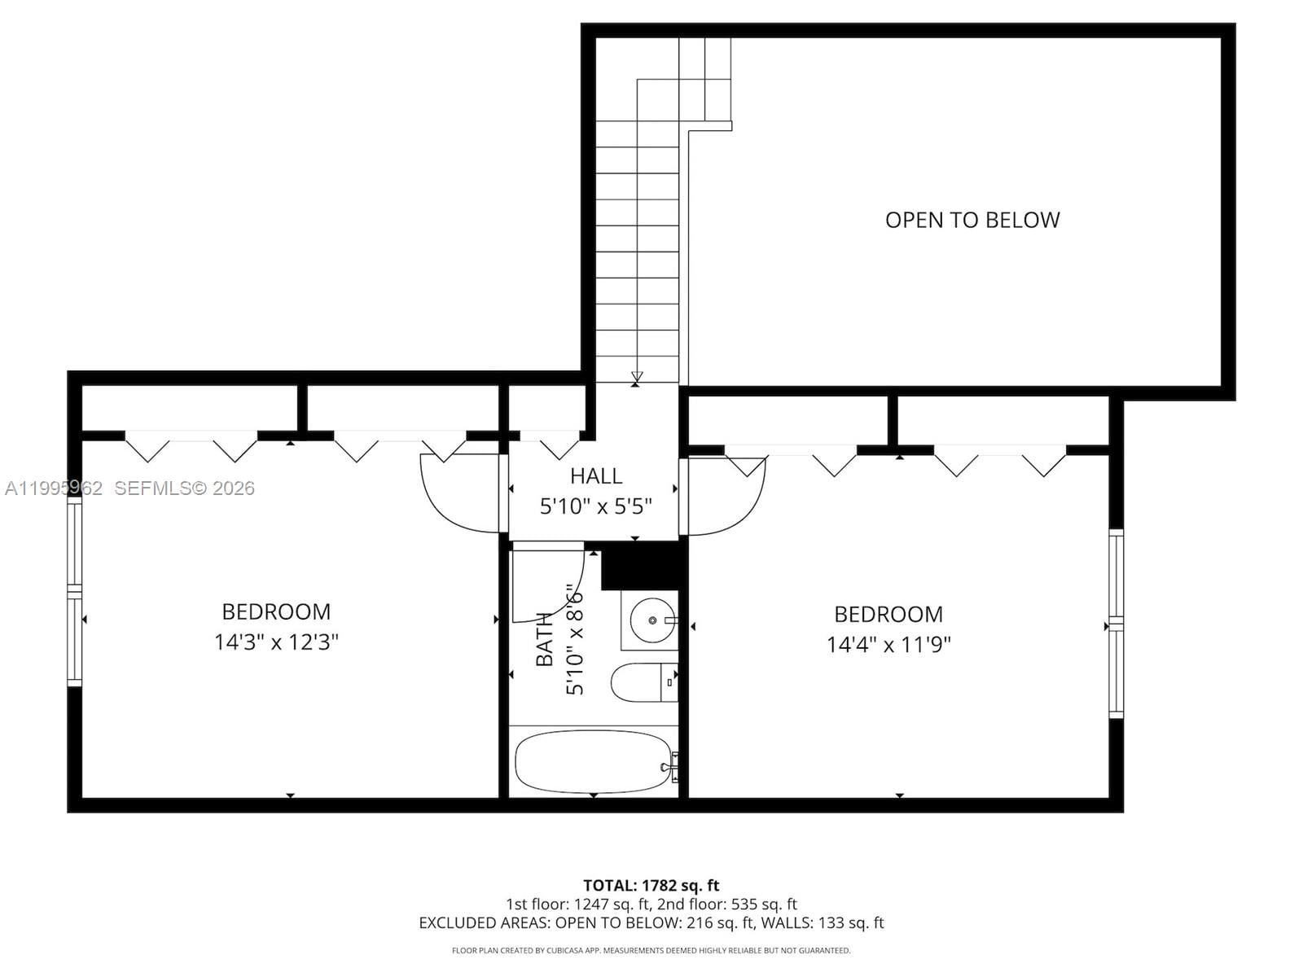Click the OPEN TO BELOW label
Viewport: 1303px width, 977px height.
click(972, 220)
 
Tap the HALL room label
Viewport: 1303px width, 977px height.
click(596, 475)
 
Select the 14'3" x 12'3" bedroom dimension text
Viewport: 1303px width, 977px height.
click(276, 642)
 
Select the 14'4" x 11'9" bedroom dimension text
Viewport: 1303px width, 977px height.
click(888, 645)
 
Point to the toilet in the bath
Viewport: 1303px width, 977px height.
click(643, 683)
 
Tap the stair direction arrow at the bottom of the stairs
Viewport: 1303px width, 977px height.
click(637, 377)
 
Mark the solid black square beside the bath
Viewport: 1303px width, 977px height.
click(639, 566)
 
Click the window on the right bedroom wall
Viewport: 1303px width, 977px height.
click(1116, 624)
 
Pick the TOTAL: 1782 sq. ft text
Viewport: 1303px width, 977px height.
click(651, 885)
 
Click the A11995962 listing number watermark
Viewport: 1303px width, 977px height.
click(54, 488)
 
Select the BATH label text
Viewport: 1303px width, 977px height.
click(544, 639)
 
